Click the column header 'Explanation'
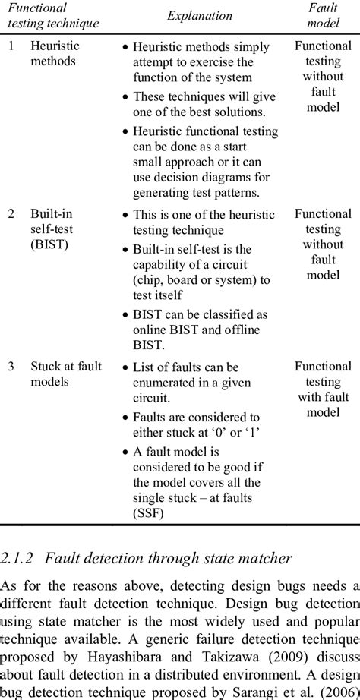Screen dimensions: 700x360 coord(200,15)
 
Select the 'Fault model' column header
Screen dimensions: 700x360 coord(323,15)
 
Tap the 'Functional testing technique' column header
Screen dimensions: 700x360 coord(53,15)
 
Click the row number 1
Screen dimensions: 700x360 coord(11,46)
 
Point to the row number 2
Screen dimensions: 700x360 coord(11,215)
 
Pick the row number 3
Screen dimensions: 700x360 coord(11,367)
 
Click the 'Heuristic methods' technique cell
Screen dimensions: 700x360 coord(54,53)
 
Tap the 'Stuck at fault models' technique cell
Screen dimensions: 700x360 coord(65,374)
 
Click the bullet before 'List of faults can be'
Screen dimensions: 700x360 coord(125,367)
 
